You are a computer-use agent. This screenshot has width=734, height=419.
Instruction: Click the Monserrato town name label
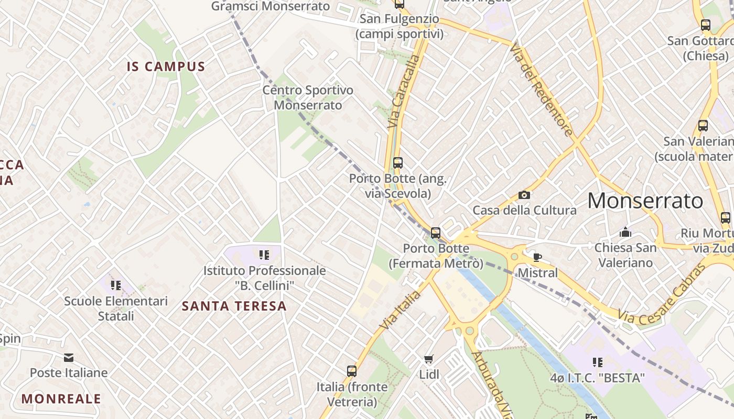point(645,201)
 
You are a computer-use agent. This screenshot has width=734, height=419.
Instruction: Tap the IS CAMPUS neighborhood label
point(166,67)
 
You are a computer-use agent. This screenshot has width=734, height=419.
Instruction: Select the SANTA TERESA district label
point(234,306)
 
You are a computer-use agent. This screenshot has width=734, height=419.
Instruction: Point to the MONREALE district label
point(61,399)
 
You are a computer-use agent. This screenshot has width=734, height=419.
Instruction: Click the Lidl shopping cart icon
point(429,359)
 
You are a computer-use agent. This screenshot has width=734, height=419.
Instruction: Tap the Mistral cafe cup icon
point(537,257)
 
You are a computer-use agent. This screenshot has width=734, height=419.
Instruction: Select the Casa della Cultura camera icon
point(524,195)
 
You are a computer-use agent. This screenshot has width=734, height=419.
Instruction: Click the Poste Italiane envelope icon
point(68,358)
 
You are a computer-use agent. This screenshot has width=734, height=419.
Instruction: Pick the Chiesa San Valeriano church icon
point(625,232)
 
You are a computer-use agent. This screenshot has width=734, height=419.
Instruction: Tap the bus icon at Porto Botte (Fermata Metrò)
point(435,233)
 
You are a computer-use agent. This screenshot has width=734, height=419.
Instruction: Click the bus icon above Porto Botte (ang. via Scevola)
point(398,163)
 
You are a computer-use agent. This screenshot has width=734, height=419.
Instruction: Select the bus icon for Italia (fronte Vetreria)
point(352,371)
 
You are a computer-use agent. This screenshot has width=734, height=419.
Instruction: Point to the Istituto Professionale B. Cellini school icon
point(264,255)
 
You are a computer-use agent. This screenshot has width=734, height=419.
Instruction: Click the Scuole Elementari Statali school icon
point(116,285)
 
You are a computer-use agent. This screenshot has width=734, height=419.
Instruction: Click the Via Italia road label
point(401,311)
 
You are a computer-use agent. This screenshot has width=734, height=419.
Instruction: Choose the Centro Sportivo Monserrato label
point(308,97)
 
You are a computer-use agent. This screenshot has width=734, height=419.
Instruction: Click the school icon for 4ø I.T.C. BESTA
point(597,362)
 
